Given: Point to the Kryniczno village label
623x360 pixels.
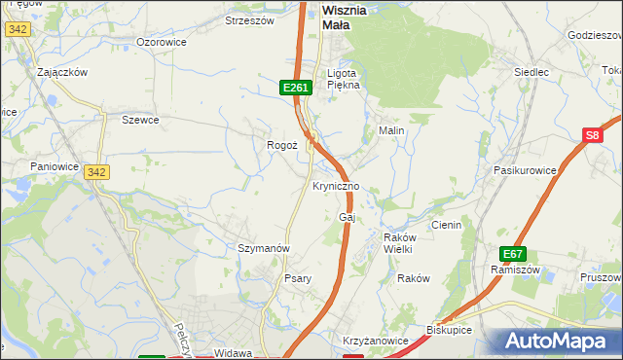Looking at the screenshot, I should (337, 186).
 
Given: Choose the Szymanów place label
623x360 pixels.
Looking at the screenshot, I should (264, 248).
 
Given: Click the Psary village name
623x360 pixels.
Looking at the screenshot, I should (297, 278).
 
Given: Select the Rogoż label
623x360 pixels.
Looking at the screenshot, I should (281, 145).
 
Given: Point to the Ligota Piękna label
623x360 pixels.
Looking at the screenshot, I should (344, 78).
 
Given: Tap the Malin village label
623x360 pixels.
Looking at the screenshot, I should (391, 129).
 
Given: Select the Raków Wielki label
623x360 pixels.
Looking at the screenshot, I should (399, 243).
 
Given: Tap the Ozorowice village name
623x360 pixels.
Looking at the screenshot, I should (161, 42).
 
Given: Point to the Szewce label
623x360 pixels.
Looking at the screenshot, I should (140, 120).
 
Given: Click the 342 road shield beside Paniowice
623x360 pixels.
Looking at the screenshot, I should (95, 172).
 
